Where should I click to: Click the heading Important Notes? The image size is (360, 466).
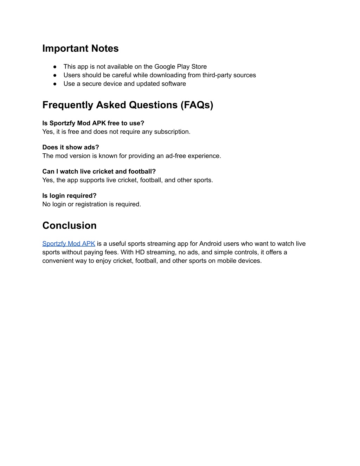pos(81,49)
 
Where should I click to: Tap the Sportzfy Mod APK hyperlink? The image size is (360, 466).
pos(69,244)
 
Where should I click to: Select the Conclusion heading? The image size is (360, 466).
pos(69,225)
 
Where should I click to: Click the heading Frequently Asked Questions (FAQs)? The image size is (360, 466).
pos(128,105)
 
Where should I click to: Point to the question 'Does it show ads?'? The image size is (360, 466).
pos(71,147)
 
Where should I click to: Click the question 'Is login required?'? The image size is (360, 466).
pos(69,196)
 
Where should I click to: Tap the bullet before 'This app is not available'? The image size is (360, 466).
pos(55,67)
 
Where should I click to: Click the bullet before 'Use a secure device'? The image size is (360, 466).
pos(55,84)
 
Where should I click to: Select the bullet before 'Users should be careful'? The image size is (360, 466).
pos(55,75)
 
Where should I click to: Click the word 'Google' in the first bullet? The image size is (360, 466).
pos(165,67)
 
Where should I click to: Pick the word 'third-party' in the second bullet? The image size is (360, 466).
pos(217,75)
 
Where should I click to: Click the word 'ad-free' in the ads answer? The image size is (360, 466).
pos(175,156)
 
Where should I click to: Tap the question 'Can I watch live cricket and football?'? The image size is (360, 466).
pos(99,172)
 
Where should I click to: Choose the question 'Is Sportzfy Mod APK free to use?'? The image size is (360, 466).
pos(93,123)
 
